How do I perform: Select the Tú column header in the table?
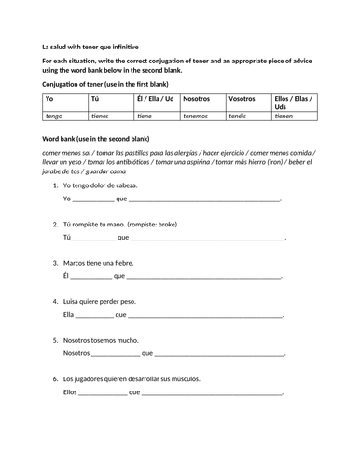click(x=95, y=99)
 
